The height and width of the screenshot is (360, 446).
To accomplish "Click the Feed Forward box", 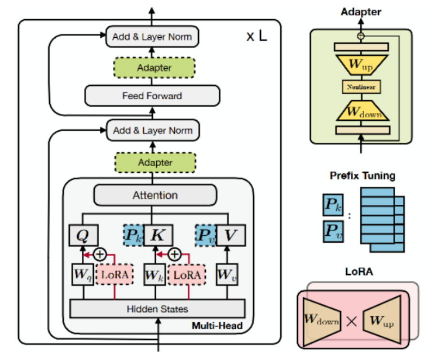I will coord(152,96).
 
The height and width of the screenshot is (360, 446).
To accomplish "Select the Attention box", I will coord(154,195).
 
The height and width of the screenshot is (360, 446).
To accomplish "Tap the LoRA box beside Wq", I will coord(115,275).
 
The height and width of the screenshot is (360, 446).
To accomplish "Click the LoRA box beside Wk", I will coord(187,275).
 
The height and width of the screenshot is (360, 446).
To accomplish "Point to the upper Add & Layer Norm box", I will coord(152,37).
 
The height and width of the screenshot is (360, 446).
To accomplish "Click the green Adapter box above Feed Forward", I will coord(154,68).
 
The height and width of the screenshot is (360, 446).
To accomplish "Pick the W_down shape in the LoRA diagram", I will coord(322,319).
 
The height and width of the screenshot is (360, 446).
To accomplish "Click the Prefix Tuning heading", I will coord(362,175).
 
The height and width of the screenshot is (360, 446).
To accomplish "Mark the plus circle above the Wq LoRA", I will coord(100,254).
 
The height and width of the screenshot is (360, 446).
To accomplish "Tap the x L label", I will coord(257,37).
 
